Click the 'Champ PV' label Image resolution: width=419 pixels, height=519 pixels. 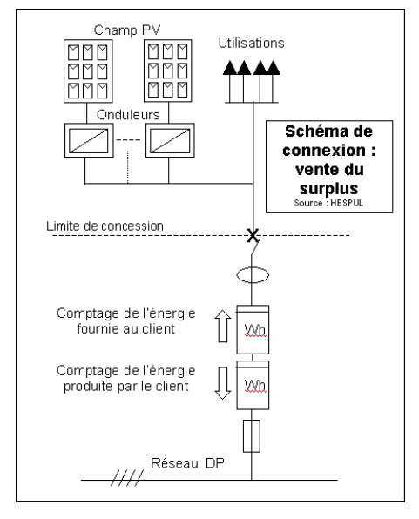(127, 30)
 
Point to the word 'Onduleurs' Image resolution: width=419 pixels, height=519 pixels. (128, 115)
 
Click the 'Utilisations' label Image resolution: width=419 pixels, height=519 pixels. (251, 43)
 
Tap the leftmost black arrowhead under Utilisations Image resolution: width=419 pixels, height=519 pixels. (230, 68)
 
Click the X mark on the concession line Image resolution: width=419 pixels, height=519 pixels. (253, 235)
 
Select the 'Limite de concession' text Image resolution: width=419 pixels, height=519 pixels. (105, 226)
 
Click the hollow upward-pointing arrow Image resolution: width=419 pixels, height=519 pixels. (223, 326)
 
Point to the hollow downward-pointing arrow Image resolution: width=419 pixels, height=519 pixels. (223, 383)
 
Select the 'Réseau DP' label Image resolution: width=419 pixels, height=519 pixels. (187, 463)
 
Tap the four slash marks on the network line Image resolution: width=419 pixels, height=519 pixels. (127, 477)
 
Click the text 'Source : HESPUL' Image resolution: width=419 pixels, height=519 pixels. (328, 203)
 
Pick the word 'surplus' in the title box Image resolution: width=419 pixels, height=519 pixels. (329, 189)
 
